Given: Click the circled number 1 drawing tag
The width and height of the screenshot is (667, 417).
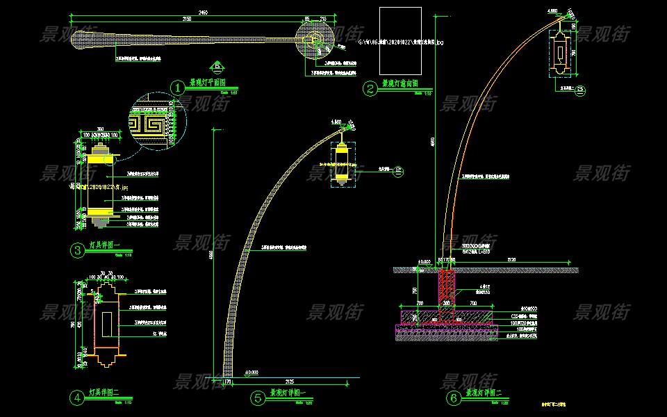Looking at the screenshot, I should [179, 88].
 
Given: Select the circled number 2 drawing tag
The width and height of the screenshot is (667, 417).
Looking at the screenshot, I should [371, 88].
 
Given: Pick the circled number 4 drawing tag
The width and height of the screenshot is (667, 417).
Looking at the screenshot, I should [78, 398].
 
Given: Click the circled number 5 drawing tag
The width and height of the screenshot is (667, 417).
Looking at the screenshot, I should [258, 398].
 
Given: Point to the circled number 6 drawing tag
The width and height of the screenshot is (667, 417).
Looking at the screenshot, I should [454, 398].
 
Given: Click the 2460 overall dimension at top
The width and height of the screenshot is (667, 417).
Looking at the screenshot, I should [202, 13].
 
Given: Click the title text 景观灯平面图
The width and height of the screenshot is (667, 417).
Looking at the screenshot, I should [208, 83].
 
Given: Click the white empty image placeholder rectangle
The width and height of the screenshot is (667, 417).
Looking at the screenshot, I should [400, 42].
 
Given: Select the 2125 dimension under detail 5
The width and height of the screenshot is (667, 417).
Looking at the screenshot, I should [290, 381].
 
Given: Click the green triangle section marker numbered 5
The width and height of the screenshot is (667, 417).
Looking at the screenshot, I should [218, 67].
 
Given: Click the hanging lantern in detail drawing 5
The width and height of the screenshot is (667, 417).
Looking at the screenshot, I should [342, 161].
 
